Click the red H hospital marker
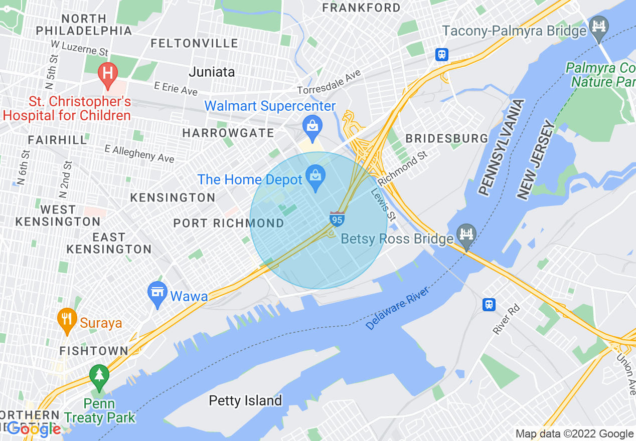[x=107, y=73]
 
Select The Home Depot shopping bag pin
[x=315, y=177]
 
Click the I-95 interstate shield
[x=337, y=219]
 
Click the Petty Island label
[x=245, y=400]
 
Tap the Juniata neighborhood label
[x=212, y=72]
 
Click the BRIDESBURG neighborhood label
[x=446, y=138]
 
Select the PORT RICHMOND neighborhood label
[x=229, y=223]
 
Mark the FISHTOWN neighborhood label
[x=94, y=351]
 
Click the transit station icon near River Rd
[x=489, y=304]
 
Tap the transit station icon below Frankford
[x=441, y=54]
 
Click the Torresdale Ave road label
[x=329, y=83]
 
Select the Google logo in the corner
[x=34, y=429]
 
